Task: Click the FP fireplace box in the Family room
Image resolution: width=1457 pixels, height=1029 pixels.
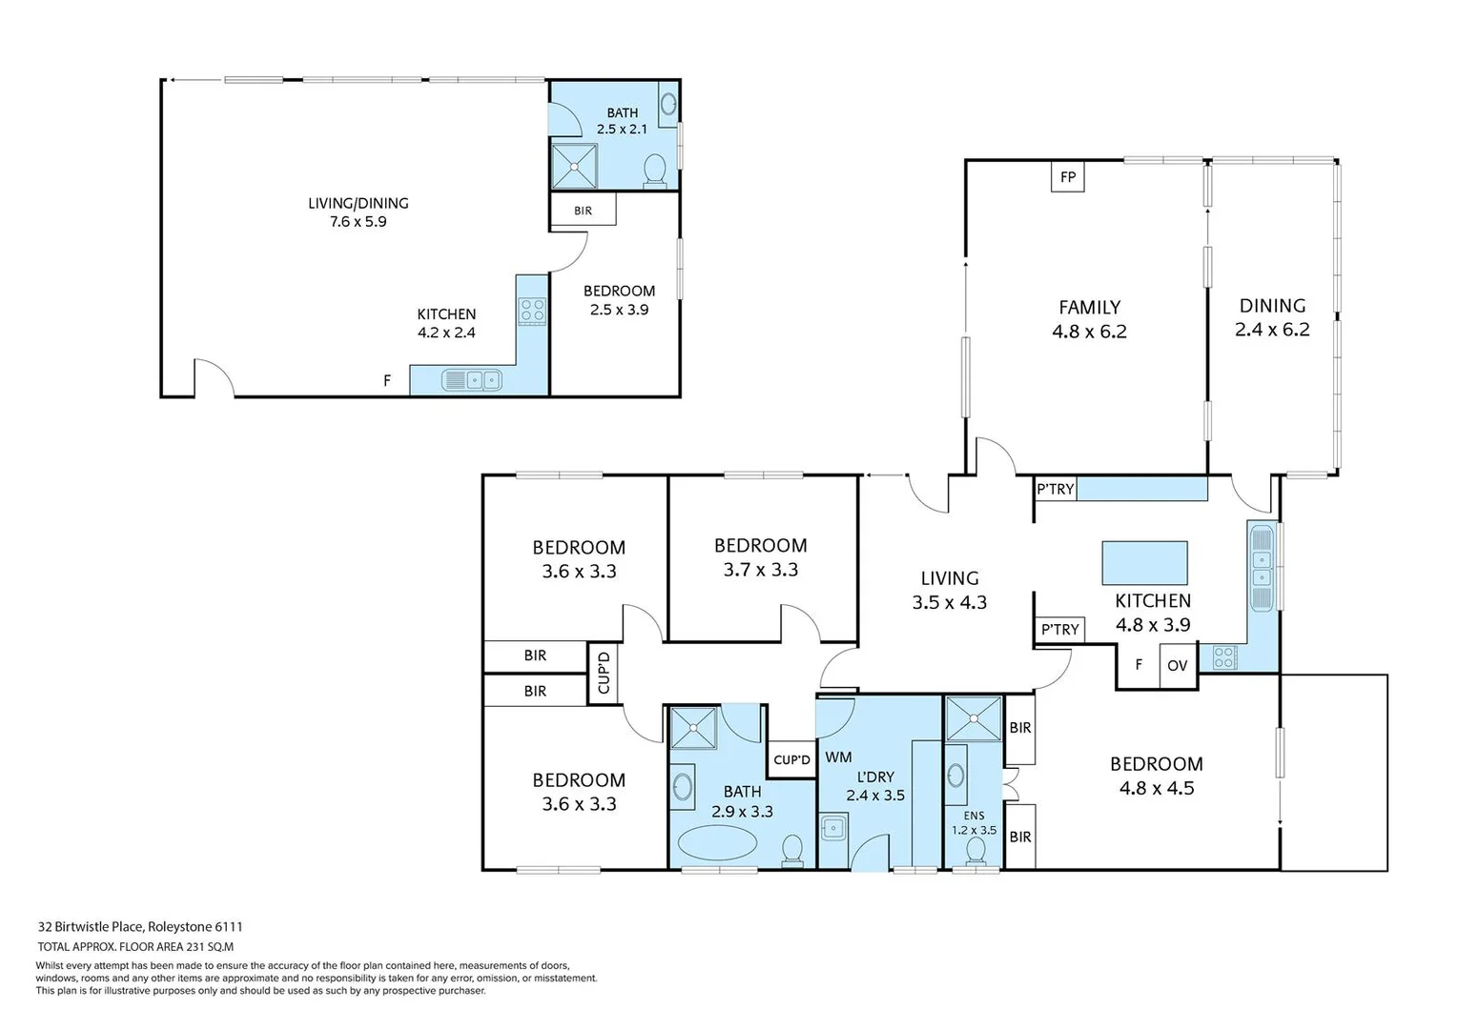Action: pos(1068,177)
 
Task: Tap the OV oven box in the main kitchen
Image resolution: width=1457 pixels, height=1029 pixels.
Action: pos(1178,666)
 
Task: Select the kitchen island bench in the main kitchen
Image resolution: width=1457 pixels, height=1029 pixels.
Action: pos(1144,562)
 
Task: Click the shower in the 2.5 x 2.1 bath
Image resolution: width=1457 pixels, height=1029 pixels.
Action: pos(575,167)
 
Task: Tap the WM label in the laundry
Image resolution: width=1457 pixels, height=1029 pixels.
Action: pos(838,757)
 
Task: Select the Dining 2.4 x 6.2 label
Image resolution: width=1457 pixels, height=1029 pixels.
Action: pos(1272,317)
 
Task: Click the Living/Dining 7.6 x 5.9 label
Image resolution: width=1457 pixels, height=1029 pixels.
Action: pos(359,212)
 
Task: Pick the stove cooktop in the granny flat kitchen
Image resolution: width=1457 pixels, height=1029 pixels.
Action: pos(532,310)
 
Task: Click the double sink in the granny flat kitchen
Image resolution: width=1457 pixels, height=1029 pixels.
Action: pos(472,381)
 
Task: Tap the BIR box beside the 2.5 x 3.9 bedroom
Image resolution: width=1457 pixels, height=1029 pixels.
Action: pos(583,211)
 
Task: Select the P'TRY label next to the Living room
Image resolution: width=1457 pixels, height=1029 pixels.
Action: pos(1059,630)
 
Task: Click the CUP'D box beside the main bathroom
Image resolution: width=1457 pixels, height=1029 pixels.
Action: pos(791,759)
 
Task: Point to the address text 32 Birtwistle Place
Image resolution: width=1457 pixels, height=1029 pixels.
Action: pos(140,926)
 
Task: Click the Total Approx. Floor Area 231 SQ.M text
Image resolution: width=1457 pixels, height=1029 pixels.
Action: pos(135,947)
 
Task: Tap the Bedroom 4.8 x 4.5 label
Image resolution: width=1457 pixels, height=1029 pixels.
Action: pos(1156,776)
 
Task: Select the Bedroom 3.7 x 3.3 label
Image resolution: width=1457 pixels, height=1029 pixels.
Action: pos(760,557)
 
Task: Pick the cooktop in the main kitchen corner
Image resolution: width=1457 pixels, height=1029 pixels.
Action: pos(1223,656)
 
